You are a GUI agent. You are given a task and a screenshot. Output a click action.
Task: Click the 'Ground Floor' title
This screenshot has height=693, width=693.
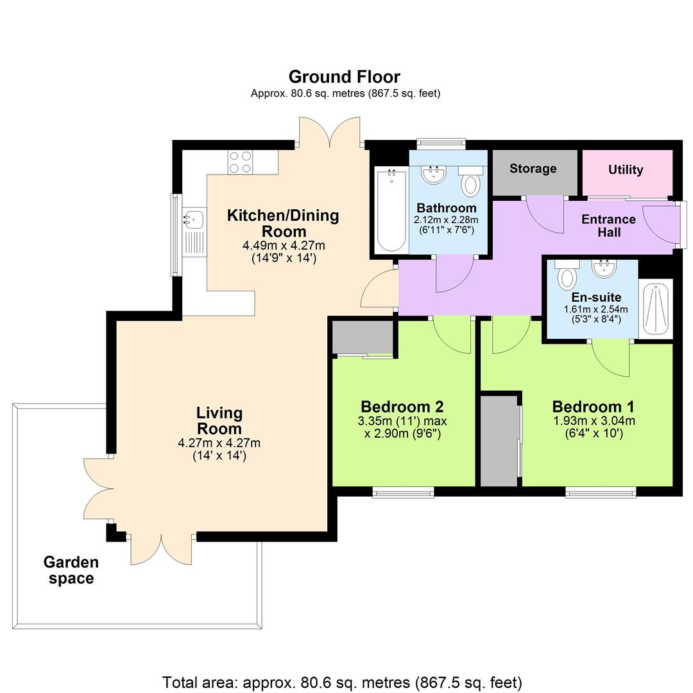click(x=345, y=77)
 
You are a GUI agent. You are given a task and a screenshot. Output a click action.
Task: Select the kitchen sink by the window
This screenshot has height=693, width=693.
click(x=193, y=219)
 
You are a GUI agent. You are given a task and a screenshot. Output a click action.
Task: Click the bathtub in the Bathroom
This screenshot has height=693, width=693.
click(x=391, y=210)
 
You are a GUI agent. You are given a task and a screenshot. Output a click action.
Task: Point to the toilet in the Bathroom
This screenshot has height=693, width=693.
click(x=471, y=183)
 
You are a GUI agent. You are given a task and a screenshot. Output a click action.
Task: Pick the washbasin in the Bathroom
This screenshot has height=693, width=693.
click(x=435, y=175)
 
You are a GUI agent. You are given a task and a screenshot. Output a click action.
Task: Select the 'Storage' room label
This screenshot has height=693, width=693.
click(x=533, y=169)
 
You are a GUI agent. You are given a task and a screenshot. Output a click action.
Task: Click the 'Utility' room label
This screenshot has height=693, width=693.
click(x=626, y=170)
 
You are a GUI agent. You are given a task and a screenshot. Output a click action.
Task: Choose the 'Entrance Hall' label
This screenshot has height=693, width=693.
click(x=608, y=225)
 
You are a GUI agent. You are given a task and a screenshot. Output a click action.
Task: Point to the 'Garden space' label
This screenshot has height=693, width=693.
click(x=71, y=570)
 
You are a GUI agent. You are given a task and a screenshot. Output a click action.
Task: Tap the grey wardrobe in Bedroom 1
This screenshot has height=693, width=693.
click(x=499, y=441)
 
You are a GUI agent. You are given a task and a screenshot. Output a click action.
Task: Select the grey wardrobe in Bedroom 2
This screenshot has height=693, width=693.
click(x=363, y=336)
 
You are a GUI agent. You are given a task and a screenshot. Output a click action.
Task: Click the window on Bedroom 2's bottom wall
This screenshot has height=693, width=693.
click(x=403, y=492)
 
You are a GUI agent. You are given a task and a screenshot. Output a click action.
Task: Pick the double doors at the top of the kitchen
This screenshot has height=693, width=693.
click(x=330, y=134)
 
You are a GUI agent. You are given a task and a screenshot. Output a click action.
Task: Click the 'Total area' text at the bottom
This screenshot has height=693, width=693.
click(x=342, y=682)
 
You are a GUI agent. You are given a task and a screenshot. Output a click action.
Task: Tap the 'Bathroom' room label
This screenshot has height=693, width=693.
click(x=446, y=208)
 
